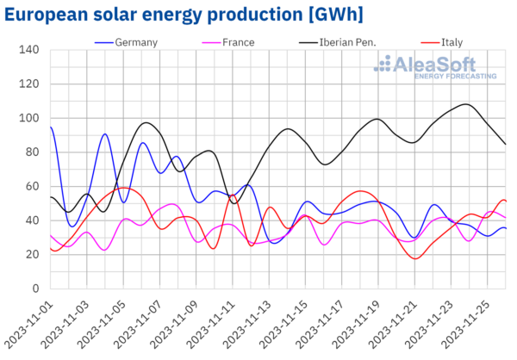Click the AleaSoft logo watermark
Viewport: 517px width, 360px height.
click(x=440, y=67)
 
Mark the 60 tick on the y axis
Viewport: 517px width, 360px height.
click(x=31, y=186)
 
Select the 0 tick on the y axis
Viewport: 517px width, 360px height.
click(x=34, y=289)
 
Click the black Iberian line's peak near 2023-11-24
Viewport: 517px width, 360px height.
click(x=466, y=104)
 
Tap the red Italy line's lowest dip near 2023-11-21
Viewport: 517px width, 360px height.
click(x=416, y=258)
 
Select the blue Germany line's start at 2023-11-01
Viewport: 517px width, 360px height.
click(x=51, y=127)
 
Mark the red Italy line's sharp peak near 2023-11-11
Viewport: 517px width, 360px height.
click(x=233, y=195)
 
